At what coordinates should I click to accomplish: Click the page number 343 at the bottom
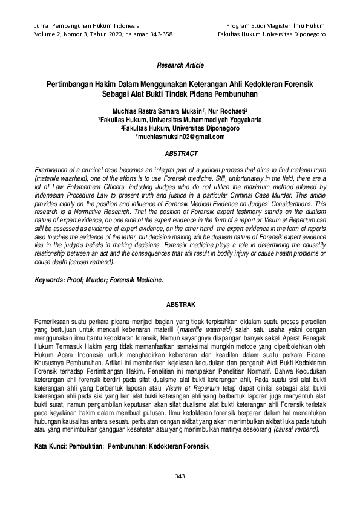179,477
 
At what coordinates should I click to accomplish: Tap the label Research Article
180,65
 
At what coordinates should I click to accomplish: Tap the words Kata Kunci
51,445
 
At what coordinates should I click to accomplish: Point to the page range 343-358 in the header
159,34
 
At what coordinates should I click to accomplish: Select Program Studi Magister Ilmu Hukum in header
275,26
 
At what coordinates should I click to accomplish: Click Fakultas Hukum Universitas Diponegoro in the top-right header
272,34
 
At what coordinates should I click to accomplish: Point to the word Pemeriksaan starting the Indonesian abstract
52,319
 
